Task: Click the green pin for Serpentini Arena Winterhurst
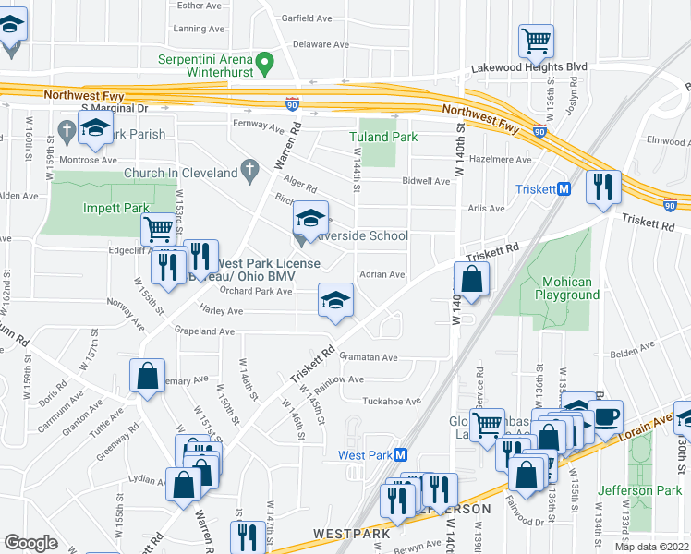[x=265, y=65]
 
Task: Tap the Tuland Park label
[x=383, y=137]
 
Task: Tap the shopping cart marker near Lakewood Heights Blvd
[x=535, y=41]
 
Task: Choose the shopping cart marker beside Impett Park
[x=159, y=228]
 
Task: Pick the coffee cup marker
[x=607, y=415]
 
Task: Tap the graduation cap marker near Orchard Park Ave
[x=335, y=299]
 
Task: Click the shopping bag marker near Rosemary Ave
[x=147, y=376]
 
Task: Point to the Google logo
[x=30, y=543]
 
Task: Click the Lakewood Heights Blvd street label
[x=529, y=67]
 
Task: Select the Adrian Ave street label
[x=382, y=274]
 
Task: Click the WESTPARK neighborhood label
[x=345, y=534]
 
